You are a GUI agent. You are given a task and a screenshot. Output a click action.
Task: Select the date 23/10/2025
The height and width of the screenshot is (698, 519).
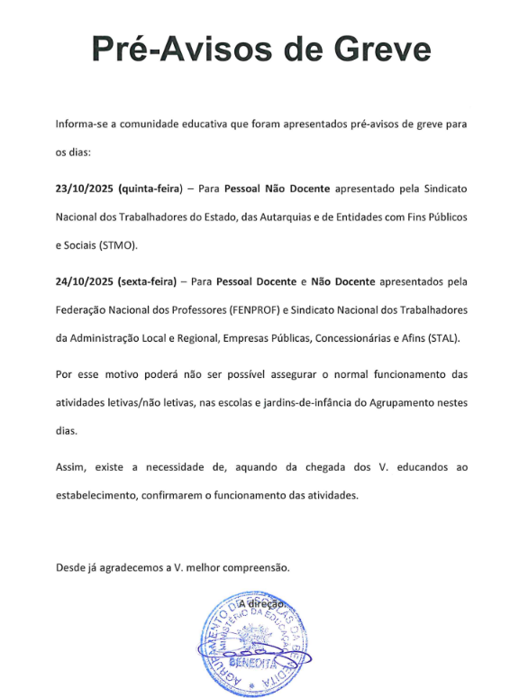[x=85, y=189]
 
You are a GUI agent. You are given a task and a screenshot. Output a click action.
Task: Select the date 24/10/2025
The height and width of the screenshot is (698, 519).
[x=85, y=281]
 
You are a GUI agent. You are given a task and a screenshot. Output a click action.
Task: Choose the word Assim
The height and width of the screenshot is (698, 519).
[x=70, y=467]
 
